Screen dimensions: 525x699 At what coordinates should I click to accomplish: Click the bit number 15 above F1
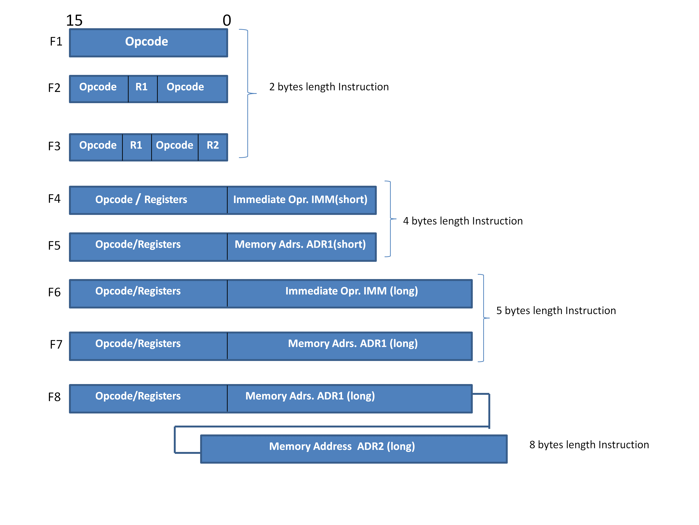tap(74, 21)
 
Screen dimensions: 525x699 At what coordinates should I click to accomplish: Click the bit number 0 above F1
tap(226, 21)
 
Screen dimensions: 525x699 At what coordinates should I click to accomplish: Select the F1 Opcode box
tap(148, 43)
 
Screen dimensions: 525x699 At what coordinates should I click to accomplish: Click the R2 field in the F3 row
tap(213, 147)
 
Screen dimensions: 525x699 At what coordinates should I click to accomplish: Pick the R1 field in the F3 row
tap(137, 147)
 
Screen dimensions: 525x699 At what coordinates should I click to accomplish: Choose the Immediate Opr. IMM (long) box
tap(349, 293)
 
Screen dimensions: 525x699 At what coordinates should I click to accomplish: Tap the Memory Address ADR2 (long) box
tap(354, 448)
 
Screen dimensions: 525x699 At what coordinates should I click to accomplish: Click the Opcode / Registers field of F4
tap(148, 200)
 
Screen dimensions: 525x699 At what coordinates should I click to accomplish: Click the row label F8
tap(54, 397)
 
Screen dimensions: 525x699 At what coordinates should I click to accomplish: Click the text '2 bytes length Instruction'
tap(329, 87)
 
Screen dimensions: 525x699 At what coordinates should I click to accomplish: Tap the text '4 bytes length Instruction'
tap(463, 221)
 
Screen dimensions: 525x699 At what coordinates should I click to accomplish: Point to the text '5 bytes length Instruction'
tap(556, 310)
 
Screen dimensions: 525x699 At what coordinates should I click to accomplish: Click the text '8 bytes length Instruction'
tap(589, 445)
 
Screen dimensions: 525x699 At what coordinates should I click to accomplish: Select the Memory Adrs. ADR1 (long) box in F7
tap(349, 346)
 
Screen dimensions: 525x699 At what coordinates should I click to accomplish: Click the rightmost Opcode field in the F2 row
tap(192, 89)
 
